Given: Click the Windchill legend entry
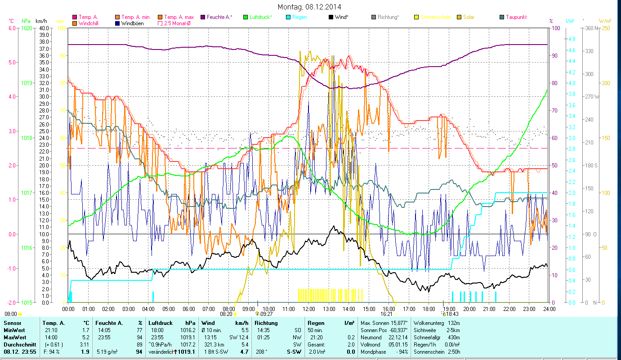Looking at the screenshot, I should pyautogui.click(x=88, y=23).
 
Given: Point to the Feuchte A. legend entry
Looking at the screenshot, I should pyautogui.click(x=219, y=17).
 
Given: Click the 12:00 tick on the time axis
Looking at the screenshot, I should pyautogui.click(x=308, y=309).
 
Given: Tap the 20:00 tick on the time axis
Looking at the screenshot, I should pyautogui.click(x=469, y=309).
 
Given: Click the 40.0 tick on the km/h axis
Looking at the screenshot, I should pyautogui.click(x=44, y=28).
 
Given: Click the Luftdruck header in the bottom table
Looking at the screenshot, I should pyautogui.click(x=161, y=323).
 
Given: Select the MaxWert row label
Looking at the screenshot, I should pyautogui.click(x=14, y=337).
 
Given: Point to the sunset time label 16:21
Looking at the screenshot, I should pyautogui.click(x=386, y=314).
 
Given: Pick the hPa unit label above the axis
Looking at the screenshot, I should pyautogui.click(x=26, y=21).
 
